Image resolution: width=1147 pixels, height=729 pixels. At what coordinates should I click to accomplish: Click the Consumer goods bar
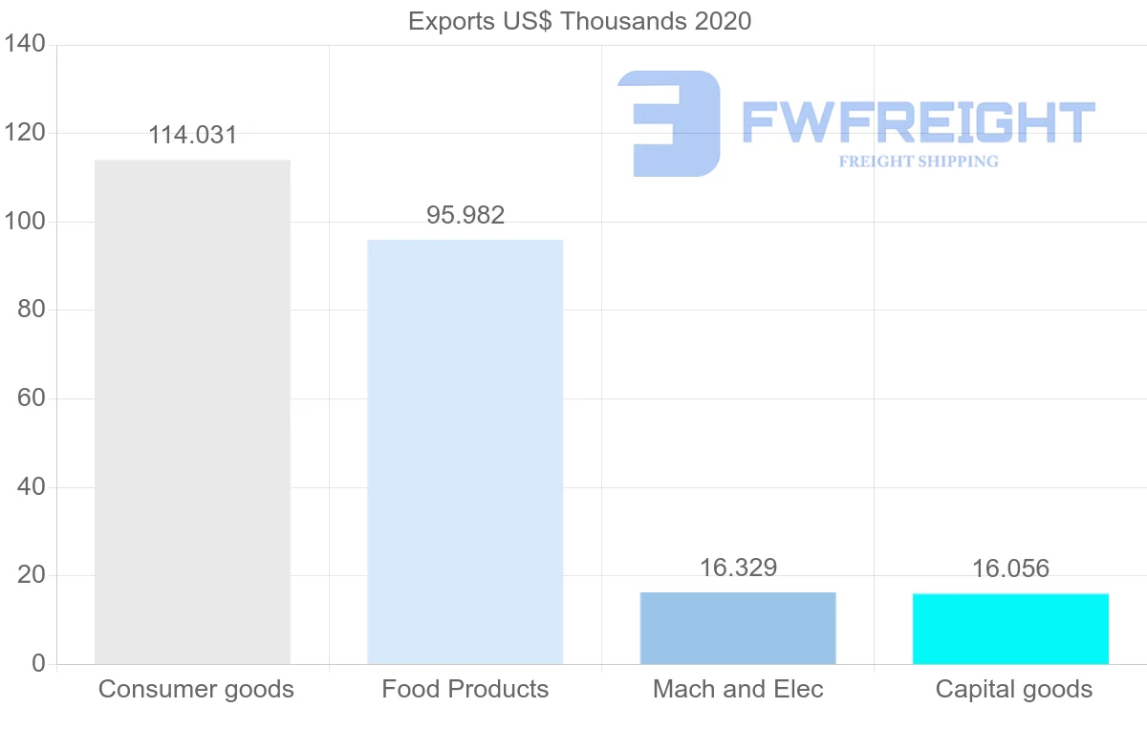(x=192, y=412)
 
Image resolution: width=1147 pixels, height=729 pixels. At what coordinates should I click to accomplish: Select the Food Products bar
(x=465, y=452)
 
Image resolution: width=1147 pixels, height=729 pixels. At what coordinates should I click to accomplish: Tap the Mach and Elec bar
(x=738, y=628)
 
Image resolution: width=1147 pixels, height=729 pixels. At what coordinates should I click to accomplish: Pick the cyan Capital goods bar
(x=1010, y=629)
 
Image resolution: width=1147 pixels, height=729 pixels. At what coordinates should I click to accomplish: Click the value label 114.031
(x=192, y=136)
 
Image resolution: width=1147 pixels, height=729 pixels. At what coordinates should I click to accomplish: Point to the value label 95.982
(x=465, y=216)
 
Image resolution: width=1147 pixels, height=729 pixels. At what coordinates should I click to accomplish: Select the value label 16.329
(x=738, y=568)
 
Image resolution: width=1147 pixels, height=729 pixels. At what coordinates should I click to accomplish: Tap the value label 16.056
(x=1010, y=569)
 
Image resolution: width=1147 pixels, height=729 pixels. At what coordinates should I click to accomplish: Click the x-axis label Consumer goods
(x=196, y=689)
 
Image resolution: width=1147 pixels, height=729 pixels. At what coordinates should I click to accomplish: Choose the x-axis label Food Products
(x=465, y=689)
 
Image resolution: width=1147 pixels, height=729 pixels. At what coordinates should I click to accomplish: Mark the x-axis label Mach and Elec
(x=738, y=689)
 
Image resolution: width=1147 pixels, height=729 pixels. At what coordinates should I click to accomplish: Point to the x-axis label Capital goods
(x=1013, y=689)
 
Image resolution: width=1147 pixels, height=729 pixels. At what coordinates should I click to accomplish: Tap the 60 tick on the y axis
(x=32, y=398)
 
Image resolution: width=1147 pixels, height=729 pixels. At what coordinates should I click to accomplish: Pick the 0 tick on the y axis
(x=38, y=664)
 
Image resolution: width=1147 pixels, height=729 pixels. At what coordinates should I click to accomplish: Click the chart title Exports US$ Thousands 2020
(x=579, y=21)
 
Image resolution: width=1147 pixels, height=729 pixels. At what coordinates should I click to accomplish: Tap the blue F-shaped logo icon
(x=670, y=123)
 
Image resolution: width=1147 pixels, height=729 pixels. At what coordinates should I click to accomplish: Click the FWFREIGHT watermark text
(x=918, y=123)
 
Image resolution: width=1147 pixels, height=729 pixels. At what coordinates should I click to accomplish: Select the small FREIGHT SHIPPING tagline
(x=918, y=161)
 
